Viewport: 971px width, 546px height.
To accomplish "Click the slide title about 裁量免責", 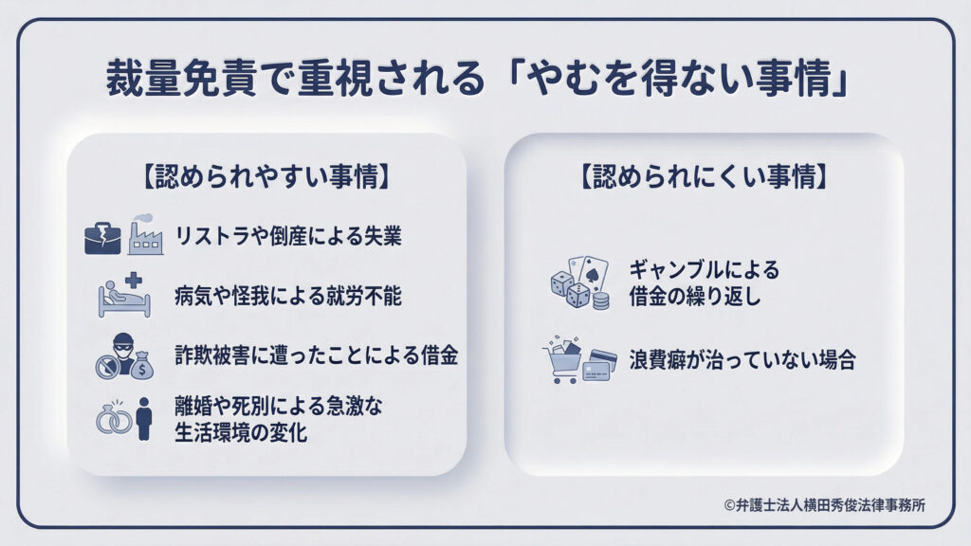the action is point(477,79).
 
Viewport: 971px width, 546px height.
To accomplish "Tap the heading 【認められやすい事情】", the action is point(266,176).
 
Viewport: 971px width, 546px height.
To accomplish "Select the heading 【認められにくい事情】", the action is point(705,176).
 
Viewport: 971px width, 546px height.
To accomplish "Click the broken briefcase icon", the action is point(102,238).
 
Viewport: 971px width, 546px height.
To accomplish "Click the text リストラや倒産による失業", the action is point(288,236).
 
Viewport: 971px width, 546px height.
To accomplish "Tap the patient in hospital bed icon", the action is point(124,296).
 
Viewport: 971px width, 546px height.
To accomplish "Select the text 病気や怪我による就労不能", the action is point(288,296).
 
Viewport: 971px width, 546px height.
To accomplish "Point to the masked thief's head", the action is point(123,344).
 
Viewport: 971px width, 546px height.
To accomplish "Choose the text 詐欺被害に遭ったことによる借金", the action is point(317,355).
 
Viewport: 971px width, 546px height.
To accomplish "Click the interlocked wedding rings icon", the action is point(114,419).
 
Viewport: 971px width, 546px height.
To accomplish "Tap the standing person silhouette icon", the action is point(144,418).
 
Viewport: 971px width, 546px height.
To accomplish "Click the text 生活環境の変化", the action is point(241,432).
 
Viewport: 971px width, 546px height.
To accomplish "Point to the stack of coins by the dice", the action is point(601,300).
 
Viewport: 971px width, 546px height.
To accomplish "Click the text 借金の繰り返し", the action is point(695,297).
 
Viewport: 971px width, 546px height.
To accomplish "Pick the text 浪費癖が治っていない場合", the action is point(742,359).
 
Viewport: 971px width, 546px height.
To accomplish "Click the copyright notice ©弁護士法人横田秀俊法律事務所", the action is point(825,505).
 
